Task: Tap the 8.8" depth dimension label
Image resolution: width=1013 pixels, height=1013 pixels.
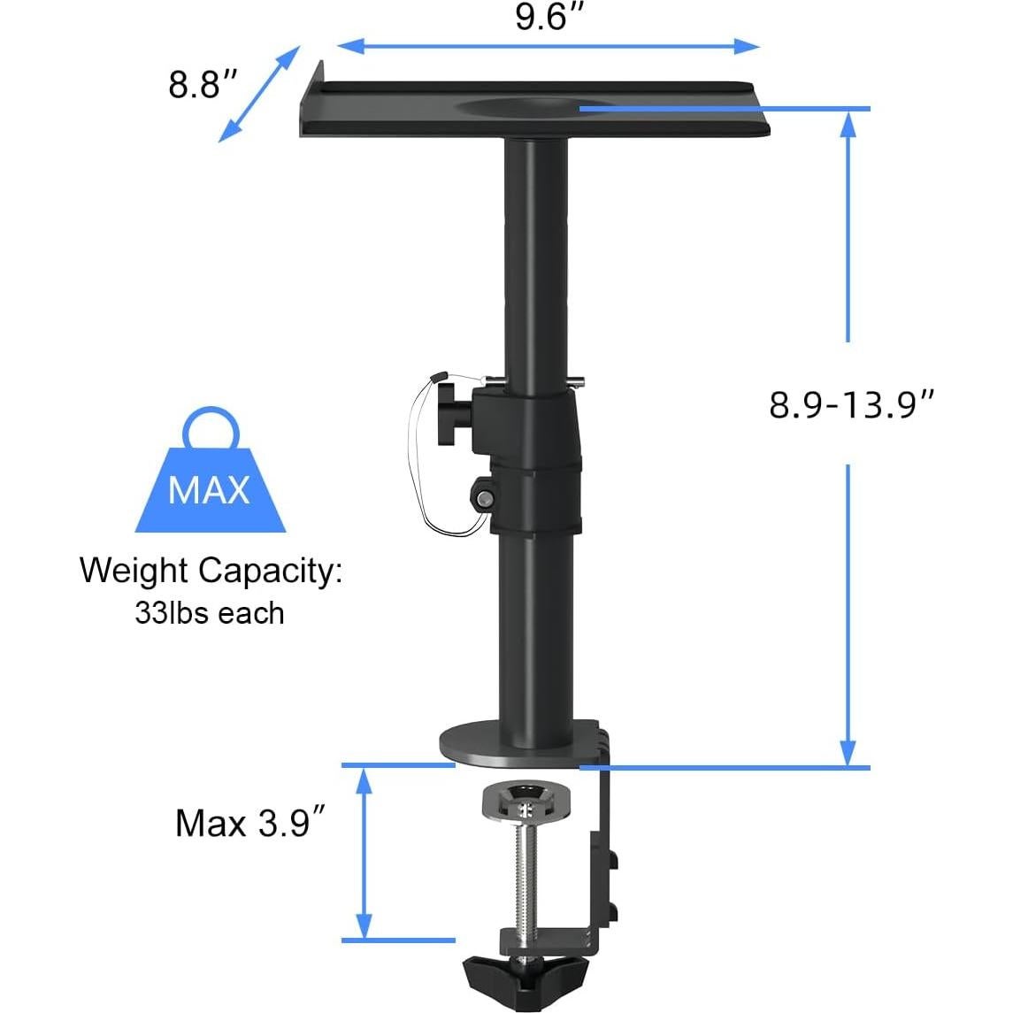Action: (203, 85)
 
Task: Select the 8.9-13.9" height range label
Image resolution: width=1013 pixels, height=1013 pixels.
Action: (851, 404)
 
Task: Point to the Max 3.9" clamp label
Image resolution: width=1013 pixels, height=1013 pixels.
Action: (245, 823)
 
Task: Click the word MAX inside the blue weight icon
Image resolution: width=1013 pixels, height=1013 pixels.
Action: (209, 489)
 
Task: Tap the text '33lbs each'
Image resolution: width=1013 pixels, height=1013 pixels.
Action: (210, 613)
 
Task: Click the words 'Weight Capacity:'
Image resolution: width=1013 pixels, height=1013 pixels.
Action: (211, 571)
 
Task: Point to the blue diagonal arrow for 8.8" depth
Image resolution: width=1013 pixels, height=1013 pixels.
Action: (257, 95)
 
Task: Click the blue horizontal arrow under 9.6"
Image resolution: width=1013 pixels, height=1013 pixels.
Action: (549, 45)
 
